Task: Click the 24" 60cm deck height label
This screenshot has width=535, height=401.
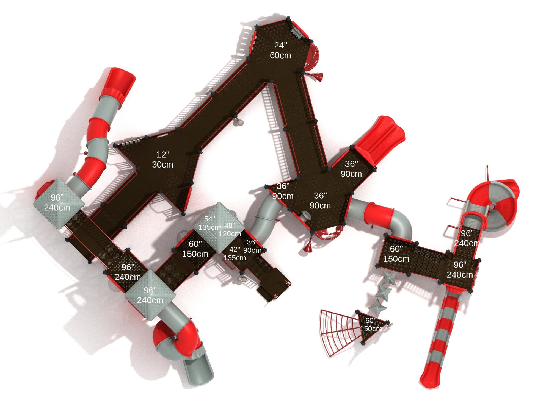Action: (280, 50)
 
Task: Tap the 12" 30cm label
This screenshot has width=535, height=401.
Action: (162, 160)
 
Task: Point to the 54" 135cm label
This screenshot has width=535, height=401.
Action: (209, 223)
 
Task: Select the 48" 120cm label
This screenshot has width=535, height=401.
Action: (230, 230)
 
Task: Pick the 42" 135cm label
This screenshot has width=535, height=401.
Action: (235, 254)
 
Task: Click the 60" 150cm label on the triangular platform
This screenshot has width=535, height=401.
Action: (371, 324)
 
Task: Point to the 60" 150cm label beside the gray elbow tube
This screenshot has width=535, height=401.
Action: (396, 254)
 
